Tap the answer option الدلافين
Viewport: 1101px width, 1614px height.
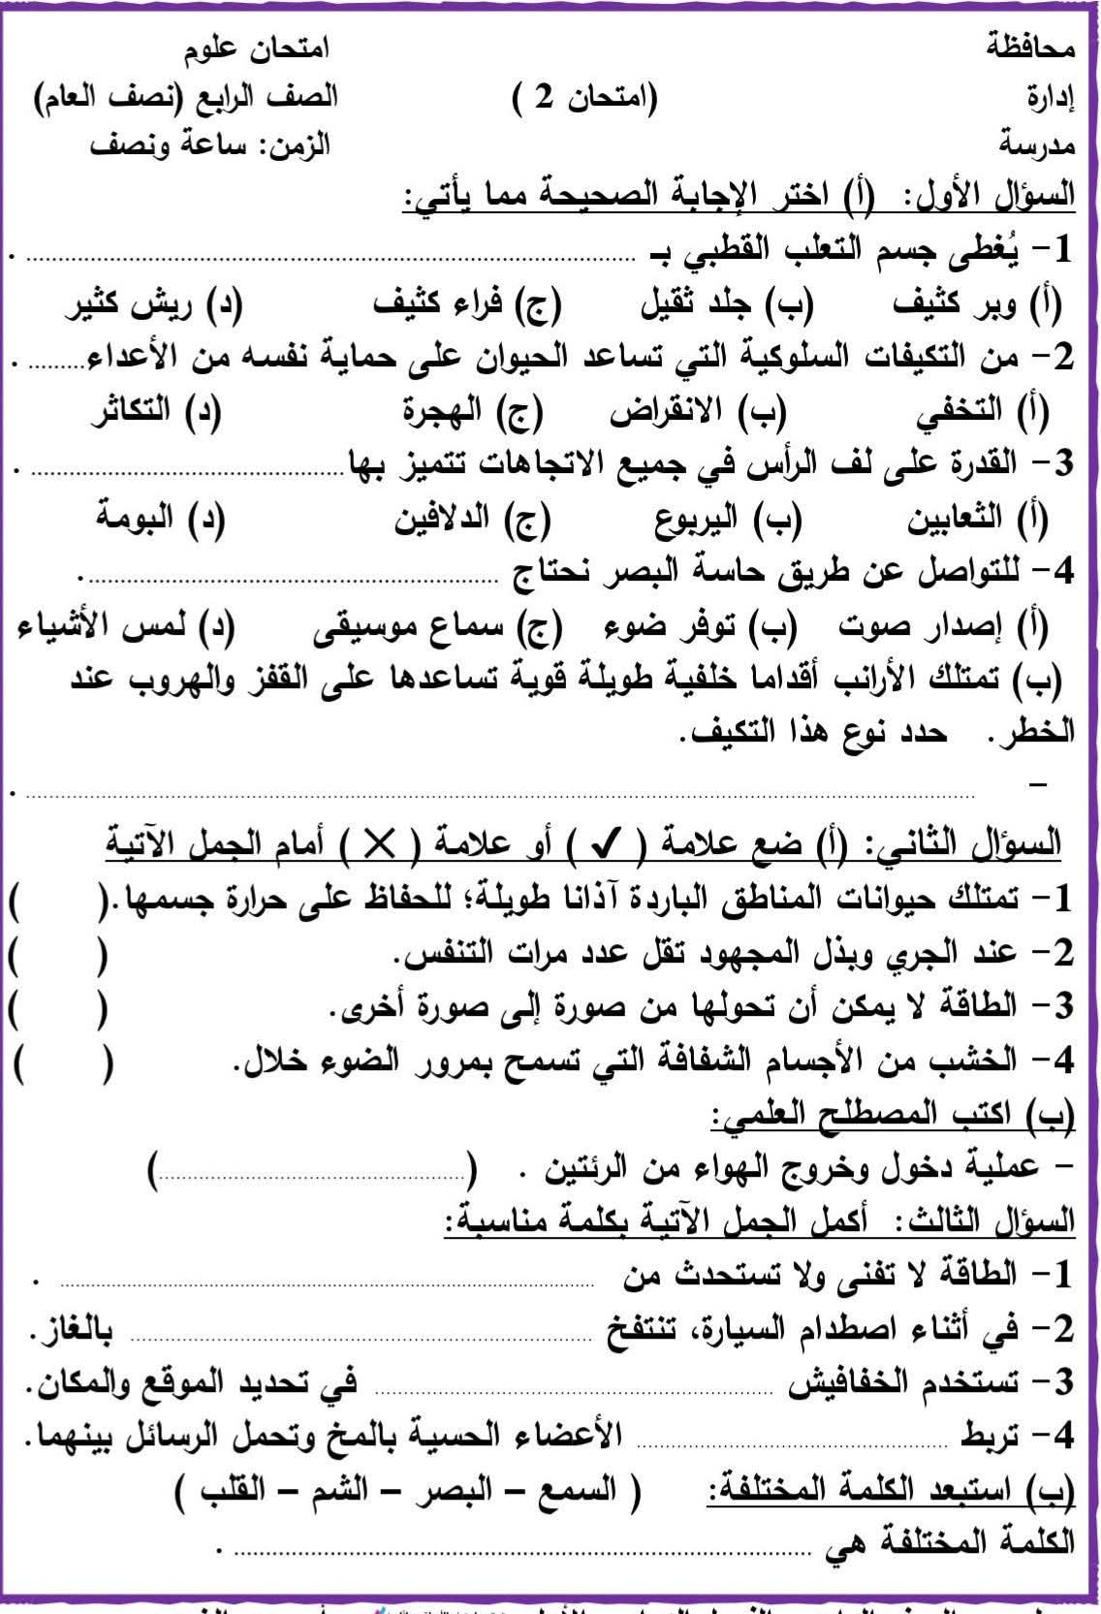click(441, 519)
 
